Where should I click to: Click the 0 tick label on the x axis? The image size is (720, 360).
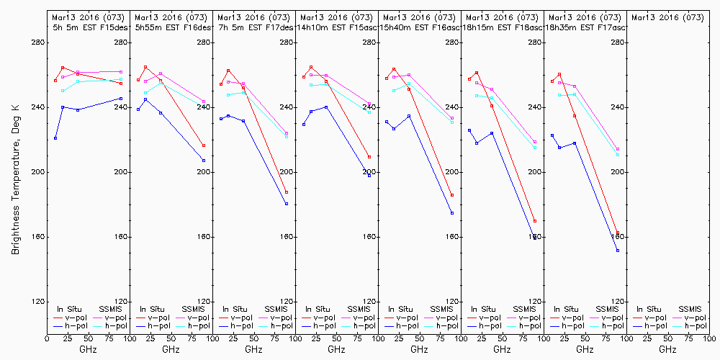(47, 338)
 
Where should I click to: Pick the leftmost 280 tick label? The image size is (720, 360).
(122, 42)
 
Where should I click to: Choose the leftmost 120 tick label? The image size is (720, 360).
(122, 302)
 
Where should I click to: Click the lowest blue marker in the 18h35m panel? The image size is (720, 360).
(618, 251)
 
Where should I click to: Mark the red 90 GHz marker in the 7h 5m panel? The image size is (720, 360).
(287, 192)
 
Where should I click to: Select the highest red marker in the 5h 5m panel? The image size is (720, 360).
(63, 68)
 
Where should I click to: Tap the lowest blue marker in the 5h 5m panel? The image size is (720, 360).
(55, 138)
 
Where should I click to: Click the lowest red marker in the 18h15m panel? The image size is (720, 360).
(535, 221)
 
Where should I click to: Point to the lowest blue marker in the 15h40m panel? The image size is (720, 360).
(452, 213)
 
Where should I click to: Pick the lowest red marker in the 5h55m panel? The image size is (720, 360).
(204, 145)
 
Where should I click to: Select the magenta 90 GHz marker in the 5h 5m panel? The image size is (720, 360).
(121, 72)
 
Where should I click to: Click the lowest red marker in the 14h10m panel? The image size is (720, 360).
(369, 157)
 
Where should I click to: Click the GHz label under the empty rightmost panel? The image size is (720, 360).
(667, 349)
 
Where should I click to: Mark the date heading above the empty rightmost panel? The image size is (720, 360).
(667, 17)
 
